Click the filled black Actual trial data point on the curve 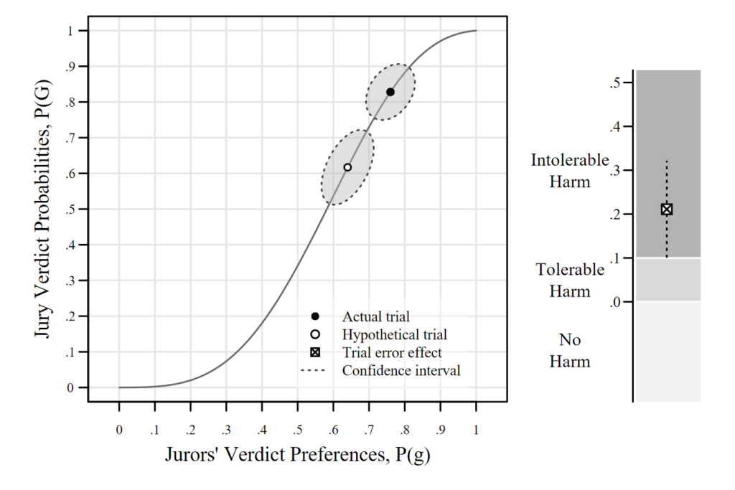pos(390,92)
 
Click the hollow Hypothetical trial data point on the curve pos(347,167)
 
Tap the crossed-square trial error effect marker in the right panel pos(666,209)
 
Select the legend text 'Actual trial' pos(376,316)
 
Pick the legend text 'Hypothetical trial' pos(394,334)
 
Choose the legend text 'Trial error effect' pos(392,352)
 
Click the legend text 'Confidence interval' pos(401,371)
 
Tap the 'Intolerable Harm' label pos(570,171)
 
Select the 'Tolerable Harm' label pos(570,281)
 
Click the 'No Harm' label pos(570,350)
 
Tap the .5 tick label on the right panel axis pos(616,83)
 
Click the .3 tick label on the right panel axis pos(616,171)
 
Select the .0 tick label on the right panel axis pos(616,302)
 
